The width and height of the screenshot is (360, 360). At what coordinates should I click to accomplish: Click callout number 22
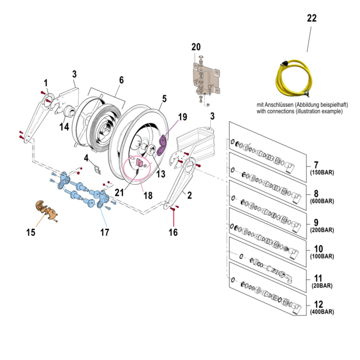(x=312, y=18)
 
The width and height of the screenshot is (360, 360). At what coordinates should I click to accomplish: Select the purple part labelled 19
(x=165, y=141)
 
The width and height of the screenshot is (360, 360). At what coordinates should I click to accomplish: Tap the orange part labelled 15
(x=45, y=210)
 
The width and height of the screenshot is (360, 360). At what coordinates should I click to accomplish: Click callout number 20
(x=196, y=46)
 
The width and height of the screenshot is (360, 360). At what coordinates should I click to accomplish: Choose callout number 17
(x=105, y=233)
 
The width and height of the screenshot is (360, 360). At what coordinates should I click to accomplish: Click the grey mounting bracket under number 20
(x=206, y=77)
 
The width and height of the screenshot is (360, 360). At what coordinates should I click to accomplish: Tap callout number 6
(x=121, y=80)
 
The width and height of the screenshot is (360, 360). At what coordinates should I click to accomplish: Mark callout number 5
(x=164, y=99)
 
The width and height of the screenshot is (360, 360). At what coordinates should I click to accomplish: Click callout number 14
(x=64, y=126)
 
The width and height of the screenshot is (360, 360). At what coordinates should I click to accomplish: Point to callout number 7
(x=316, y=165)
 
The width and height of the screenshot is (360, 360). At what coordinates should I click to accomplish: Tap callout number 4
(x=87, y=158)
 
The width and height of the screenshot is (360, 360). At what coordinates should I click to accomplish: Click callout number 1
(x=46, y=83)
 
